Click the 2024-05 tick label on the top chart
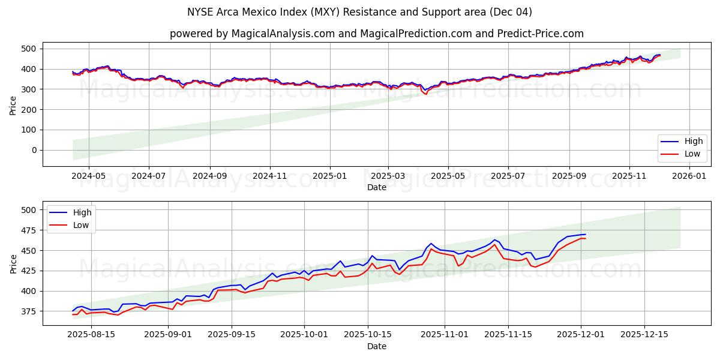89,176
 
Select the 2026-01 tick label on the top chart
689,176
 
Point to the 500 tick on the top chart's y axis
29,49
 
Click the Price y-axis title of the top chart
13,106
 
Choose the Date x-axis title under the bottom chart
377,346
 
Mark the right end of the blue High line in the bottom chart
586,235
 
